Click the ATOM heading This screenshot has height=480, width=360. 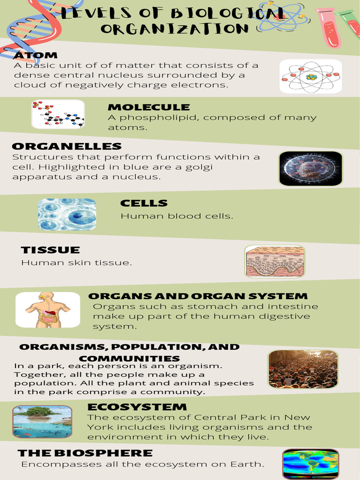[36, 56]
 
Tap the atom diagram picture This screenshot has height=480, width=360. [311, 76]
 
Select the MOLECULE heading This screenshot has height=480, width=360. [149, 107]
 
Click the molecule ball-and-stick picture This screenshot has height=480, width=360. [58, 114]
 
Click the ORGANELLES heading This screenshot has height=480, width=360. [67, 147]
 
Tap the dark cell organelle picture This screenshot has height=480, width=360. [311, 168]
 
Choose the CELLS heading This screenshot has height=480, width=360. [144, 203]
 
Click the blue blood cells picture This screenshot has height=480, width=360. [67, 214]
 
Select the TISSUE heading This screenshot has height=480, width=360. [51, 250]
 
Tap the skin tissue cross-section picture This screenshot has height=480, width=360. [275, 261]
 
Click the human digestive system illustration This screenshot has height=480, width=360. [48, 309]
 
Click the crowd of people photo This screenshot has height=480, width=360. [303, 369]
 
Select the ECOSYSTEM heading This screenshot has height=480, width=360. [137, 407]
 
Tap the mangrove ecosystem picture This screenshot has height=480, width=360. [42, 421]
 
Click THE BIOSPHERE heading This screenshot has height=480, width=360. [85, 453]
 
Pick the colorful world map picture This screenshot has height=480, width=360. [310, 463]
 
